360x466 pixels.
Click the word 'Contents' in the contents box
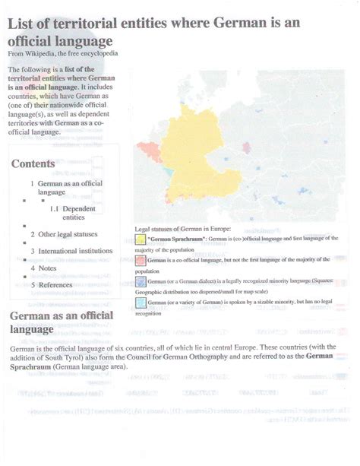(x=33, y=163)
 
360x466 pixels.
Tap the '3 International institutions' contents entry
(x=71, y=251)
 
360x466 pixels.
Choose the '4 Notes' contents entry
(x=43, y=268)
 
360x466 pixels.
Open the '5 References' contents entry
(x=51, y=284)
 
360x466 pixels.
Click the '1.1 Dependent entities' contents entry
(x=73, y=213)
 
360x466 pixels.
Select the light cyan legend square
(x=141, y=303)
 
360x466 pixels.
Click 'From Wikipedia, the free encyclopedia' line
(x=62, y=55)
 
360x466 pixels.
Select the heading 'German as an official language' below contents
(x=61, y=322)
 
